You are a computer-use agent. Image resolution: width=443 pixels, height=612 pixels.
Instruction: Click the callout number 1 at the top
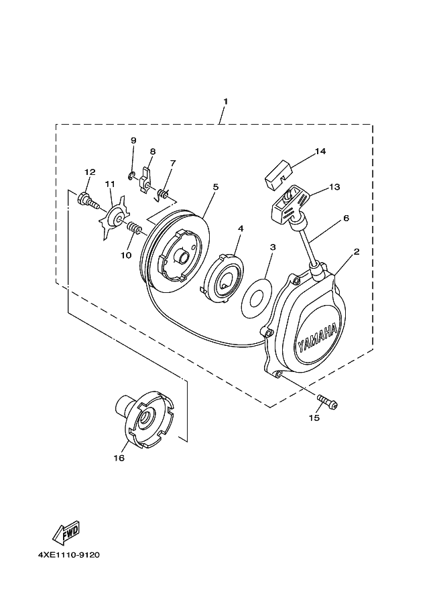point(226,101)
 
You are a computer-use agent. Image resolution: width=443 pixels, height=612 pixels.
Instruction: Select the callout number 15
point(314,418)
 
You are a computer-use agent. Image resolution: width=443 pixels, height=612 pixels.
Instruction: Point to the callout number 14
point(320,151)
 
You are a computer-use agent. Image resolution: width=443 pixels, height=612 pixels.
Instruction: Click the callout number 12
point(88,172)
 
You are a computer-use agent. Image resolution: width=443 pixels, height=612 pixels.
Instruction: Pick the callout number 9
point(133,140)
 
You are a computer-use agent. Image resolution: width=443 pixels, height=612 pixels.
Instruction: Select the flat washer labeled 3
point(255,294)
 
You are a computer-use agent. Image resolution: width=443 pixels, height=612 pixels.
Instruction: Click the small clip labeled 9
point(131,176)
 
